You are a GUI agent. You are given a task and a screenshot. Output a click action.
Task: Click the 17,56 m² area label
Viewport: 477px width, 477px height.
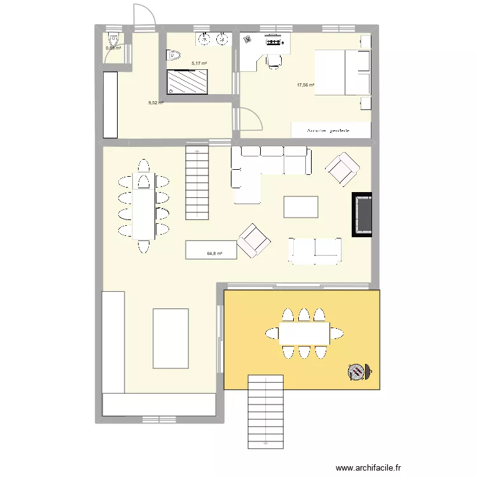coord(306,85)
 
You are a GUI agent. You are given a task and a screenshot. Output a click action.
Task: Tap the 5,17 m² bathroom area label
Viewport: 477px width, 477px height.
coord(199,64)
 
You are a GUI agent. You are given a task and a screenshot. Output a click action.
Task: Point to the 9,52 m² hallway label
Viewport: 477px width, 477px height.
coord(156,102)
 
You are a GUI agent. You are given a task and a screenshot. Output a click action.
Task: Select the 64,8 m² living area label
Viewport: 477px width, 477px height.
coord(214,254)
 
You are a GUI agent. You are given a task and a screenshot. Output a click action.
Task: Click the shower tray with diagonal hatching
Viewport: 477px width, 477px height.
coord(187,82)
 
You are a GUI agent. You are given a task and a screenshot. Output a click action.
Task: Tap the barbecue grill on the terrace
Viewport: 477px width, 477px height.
coord(357,371)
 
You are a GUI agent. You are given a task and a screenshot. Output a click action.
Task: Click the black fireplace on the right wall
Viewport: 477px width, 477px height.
coord(363,215)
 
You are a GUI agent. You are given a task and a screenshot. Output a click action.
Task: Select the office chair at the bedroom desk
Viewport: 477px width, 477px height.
coord(274,60)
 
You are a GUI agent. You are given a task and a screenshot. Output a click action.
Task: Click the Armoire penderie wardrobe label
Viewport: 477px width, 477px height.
coord(329,130)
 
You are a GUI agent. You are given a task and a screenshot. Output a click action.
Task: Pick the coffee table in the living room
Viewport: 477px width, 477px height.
coord(301,207)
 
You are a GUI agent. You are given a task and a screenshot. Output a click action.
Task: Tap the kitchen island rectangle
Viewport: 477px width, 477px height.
coord(170,338)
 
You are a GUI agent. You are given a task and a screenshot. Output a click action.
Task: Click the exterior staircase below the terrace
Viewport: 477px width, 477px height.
coord(265,412)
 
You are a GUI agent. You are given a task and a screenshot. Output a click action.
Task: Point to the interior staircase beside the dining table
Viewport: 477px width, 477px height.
coord(197,182)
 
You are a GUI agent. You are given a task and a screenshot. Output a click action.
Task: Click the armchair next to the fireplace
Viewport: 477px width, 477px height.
coord(342,169)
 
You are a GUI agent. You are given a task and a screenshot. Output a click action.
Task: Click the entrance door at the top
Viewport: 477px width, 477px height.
coord(143,15)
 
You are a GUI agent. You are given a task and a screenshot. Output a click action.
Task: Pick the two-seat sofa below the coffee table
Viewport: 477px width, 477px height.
coord(315,250)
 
